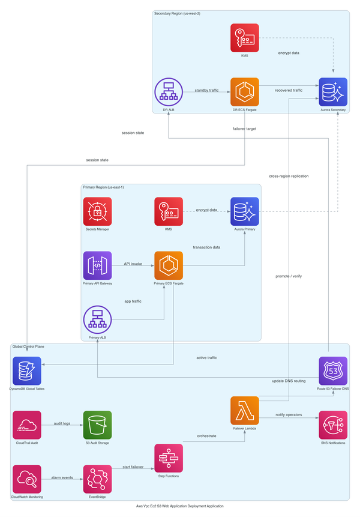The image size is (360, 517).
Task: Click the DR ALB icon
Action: (169, 92)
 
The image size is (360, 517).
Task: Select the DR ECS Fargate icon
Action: (245, 92)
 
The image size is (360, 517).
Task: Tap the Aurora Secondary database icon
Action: (333, 92)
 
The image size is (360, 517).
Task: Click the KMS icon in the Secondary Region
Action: (245, 38)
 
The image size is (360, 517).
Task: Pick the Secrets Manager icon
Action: (97, 211)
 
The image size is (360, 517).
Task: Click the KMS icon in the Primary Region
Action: (169, 211)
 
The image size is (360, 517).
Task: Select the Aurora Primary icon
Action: (245, 211)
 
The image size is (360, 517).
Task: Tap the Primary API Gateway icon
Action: (97, 265)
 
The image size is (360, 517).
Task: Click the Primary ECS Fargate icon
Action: (169, 265)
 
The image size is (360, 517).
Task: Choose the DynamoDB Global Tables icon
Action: (27, 371)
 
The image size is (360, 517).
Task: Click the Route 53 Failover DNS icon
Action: (333, 371)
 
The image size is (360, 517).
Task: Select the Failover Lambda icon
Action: (245, 411)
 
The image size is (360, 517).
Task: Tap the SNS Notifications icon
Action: (333, 425)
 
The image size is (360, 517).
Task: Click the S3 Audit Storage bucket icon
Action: (97, 425)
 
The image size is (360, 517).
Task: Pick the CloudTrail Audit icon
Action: (27, 425)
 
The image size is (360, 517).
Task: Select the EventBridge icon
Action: (97, 479)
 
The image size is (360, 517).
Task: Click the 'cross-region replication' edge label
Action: (289, 176)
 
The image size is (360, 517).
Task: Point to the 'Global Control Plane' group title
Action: (28, 346)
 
